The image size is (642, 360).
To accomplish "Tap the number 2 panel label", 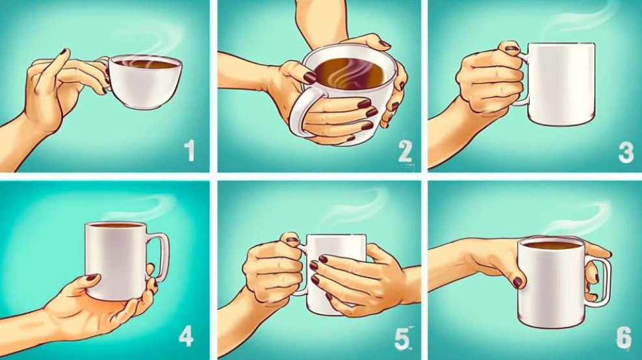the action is [x=405, y=152].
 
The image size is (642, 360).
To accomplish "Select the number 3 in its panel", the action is [x=626, y=152].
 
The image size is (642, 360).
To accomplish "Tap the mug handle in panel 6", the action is [x=602, y=283].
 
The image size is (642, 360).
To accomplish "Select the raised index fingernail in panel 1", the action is [x=64, y=51].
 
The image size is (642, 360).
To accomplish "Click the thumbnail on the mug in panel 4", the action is [x=92, y=277].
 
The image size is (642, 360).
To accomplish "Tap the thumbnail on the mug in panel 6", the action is [x=517, y=282].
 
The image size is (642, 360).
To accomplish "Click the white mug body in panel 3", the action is [x=560, y=84].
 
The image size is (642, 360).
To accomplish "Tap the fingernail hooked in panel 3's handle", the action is [x=512, y=48].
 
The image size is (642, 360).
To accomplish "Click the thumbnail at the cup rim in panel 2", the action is [x=309, y=77].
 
